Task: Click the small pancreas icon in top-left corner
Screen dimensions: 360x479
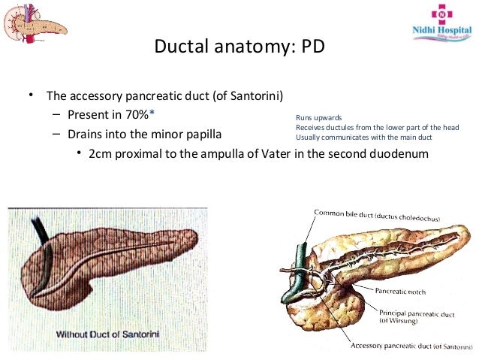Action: click(35, 21)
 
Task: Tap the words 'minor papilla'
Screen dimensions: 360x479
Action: click(196, 135)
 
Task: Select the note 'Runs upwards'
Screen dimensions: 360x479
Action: click(319, 118)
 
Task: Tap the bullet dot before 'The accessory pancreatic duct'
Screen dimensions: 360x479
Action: click(31, 95)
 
